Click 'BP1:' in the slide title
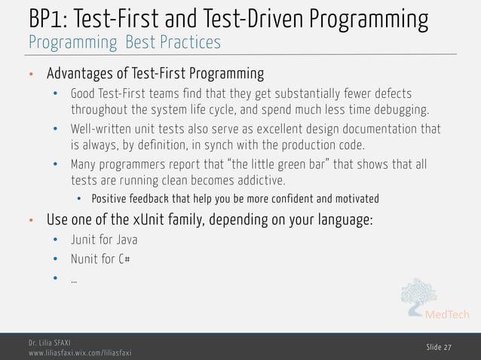pyautogui.click(x=47, y=17)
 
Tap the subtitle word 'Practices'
pyautogui.click(x=190, y=42)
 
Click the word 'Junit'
pyautogui.click(x=82, y=240)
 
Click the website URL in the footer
pyautogui.click(x=80, y=352)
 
